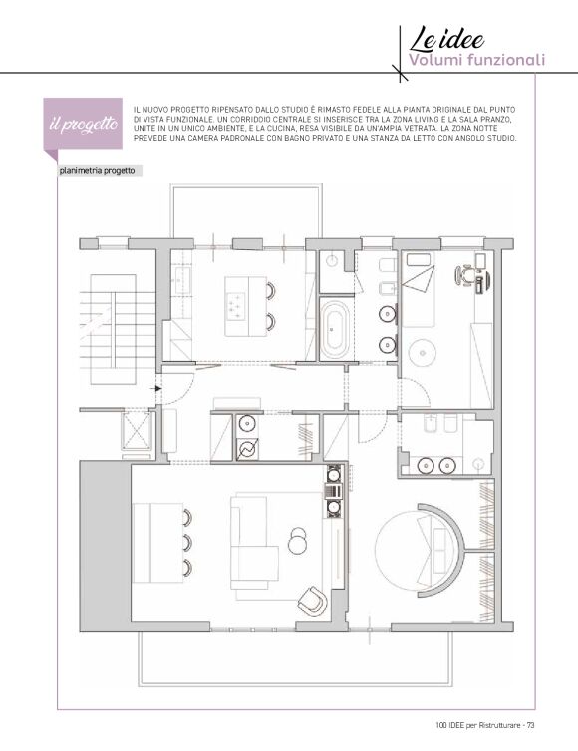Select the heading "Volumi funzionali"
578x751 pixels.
coord(476,61)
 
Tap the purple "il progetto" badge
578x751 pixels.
coord(83,125)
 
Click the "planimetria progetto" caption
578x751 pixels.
coord(98,171)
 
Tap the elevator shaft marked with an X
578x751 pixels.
coord(137,429)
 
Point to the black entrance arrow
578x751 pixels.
coord(157,388)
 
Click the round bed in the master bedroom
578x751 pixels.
coord(415,550)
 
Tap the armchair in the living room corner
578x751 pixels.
coord(313,601)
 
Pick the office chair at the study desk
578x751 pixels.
coord(464,275)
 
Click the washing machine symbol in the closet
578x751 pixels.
coord(248,450)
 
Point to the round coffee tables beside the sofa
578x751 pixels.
coord(298,540)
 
